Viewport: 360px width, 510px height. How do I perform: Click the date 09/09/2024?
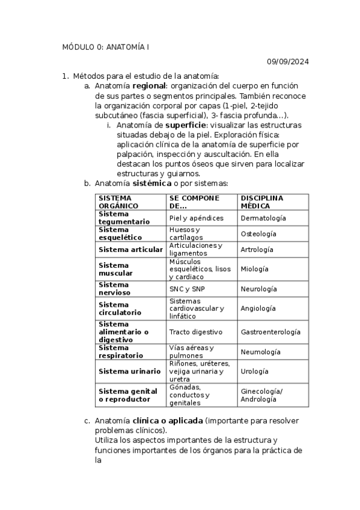point(288,61)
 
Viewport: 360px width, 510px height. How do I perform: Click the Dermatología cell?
point(263,218)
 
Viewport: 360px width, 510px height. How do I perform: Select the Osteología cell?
point(258,233)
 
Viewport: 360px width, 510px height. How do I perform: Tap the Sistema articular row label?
point(130,249)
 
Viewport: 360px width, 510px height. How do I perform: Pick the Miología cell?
point(254,269)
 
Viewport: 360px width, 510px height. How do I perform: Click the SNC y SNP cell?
point(187,289)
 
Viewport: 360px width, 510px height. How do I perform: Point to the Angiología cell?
point(258,308)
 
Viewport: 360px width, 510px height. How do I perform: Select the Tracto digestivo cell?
point(195,331)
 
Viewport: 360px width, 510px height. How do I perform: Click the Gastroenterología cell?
point(270,331)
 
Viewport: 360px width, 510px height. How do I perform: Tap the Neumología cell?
point(260,352)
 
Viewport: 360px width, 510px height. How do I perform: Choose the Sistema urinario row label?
point(129,371)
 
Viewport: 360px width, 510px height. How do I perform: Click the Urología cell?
point(254,371)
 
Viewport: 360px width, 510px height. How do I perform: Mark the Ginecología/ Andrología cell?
point(261,395)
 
